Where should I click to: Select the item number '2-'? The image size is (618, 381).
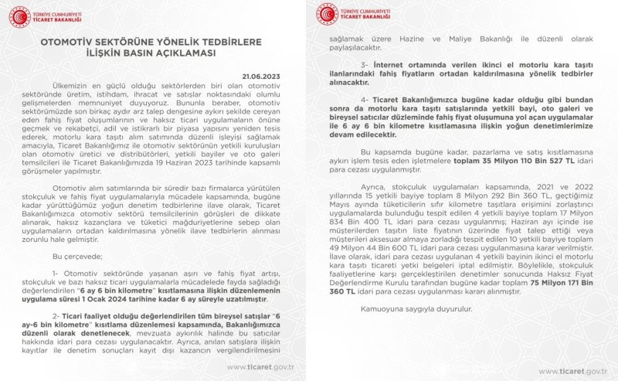(x=56, y=317)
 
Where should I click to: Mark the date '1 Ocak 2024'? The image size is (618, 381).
(x=168, y=294)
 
